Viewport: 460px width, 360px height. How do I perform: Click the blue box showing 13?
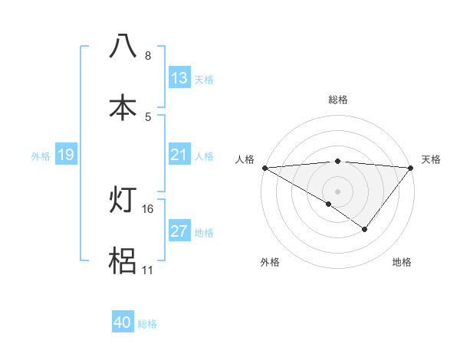pyautogui.click(x=179, y=78)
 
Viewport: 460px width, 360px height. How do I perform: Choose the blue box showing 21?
pyautogui.click(x=179, y=155)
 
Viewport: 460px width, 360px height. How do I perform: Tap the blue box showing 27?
pyautogui.click(x=179, y=232)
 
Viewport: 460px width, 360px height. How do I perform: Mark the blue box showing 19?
pyautogui.click(x=66, y=155)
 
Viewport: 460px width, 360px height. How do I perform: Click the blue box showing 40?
pyautogui.click(x=123, y=323)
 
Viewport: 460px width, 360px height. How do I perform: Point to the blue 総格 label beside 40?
pyautogui.click(x=147, y=324)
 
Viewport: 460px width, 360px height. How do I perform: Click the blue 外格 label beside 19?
pyautogui.click(x=41, y=156)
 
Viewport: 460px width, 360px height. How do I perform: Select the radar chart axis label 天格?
pyautogui.click(x=431, y=159)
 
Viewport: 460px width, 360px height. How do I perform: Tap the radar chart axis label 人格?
pyautogui.click(x=244, y=159)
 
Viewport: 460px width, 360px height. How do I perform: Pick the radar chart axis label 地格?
pyautogui.click(x=402, y=262)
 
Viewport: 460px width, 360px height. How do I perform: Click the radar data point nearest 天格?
pyautogui.click(x=410, y=168)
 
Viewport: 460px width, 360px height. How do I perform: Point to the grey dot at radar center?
pyautogui.click(x=337, y=191)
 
